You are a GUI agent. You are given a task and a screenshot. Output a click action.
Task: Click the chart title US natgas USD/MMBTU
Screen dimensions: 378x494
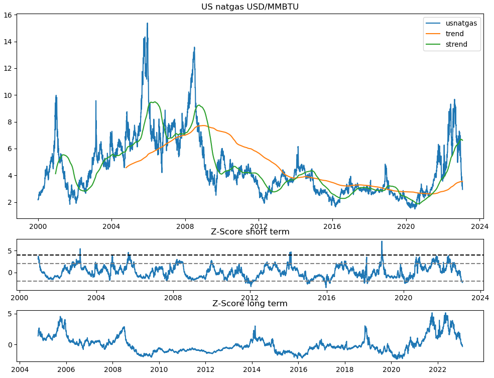coord(250,7)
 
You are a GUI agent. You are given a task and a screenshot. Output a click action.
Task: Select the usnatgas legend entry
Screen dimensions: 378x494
coord(461,23)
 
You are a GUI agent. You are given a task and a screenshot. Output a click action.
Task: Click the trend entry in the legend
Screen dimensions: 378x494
coord(454,34)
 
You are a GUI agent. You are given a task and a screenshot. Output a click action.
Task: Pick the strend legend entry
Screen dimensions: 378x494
coord(456,44)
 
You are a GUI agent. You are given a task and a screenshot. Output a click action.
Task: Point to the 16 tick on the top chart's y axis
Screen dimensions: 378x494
coord(8,15)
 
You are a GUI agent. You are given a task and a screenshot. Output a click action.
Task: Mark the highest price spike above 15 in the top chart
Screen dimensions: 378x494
coord(147,23)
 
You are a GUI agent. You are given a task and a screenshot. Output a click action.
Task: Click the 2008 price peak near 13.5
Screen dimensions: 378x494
coord(194,48)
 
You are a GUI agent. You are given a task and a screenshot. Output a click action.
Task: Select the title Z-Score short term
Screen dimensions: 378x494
coord(250,231)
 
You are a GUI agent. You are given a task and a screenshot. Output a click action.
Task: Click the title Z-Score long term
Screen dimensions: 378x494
coord(250,303)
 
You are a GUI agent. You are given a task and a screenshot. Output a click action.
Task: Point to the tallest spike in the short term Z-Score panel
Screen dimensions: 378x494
coord(382,241)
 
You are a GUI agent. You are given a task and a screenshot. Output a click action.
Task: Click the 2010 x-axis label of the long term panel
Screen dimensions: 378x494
coord(159,369)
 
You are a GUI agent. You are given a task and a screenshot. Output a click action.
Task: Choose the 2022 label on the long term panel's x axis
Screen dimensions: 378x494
coord(438,369)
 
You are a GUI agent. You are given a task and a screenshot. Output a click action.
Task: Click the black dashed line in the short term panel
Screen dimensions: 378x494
coord(251,255)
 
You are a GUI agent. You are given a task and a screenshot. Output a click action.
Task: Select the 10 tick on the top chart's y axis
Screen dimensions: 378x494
coord(8,95)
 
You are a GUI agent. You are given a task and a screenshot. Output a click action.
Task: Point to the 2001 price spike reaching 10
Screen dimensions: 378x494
coord(56,95)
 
